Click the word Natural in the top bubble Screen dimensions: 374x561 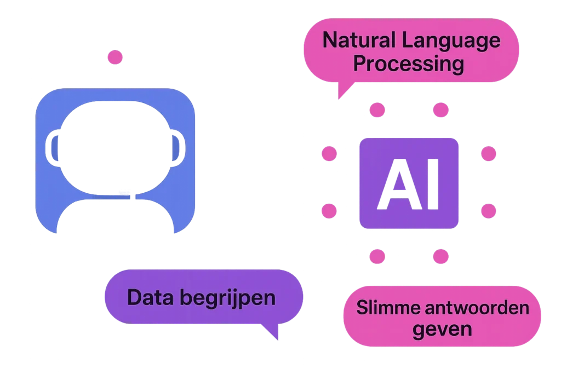pos(354,41)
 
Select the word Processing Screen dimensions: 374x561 pos(408,64)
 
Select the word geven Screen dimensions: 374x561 pos(442,330)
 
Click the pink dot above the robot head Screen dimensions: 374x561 pos(115,57)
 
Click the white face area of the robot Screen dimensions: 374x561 pos(115,148)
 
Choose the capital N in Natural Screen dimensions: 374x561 pos(330,41)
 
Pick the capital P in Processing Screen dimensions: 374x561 pos(359,64)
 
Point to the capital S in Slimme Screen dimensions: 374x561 pos(361,307)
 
